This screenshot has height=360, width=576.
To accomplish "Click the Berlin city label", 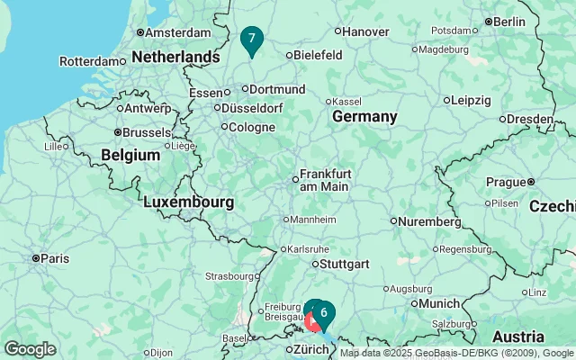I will pos(508,22).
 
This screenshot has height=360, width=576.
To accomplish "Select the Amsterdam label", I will pos(177,32).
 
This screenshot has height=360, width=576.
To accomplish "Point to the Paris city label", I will pos(54,258).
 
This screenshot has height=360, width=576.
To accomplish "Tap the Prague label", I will pos(505,182).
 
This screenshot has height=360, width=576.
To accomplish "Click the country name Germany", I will pos(364,117).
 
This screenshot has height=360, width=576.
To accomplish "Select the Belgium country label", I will pos(130,155).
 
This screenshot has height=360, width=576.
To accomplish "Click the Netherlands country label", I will pos(175,57).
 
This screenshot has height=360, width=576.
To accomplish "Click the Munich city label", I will pos(439,303).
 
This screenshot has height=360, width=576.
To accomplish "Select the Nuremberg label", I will pos(430,220).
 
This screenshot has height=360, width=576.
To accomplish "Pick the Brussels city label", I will pos(146,132).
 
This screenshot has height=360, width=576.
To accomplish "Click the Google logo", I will pos(30,349).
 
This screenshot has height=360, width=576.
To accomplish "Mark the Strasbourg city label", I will pos(229,276).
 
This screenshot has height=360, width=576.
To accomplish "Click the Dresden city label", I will pos(529,118).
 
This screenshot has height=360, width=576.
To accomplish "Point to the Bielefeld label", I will pos(319,55).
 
